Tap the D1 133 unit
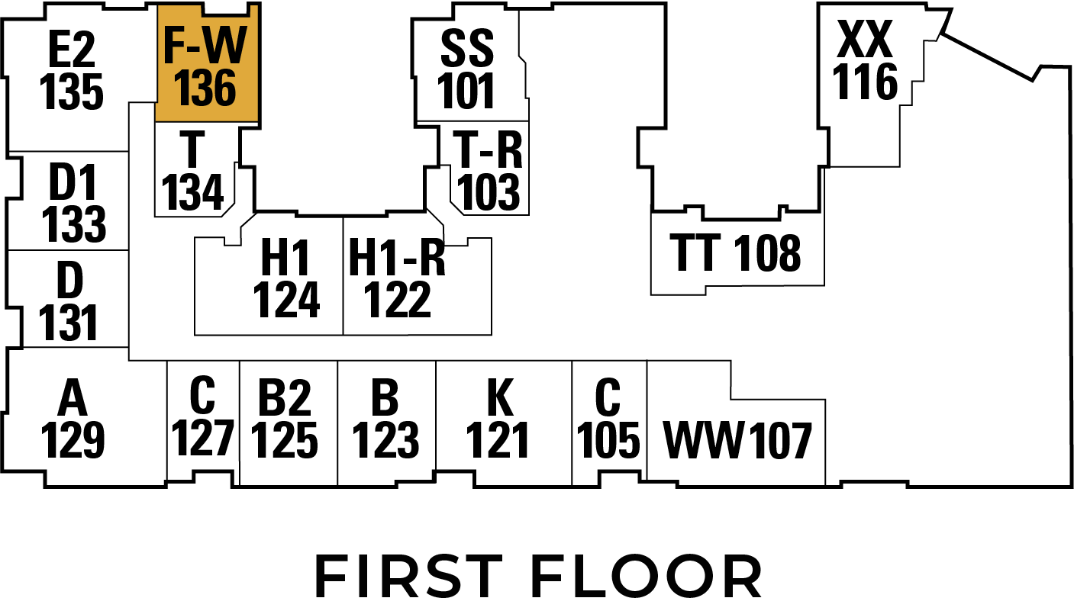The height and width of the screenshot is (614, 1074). [73, 203]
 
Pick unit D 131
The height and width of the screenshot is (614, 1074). [69, 301]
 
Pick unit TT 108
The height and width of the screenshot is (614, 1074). [737, 252]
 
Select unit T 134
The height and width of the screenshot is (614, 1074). [193, 171]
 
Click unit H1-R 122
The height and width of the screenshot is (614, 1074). [398, 278]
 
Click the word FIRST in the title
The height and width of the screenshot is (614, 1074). [408, 577]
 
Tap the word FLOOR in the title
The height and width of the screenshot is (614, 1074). [647, 577]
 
